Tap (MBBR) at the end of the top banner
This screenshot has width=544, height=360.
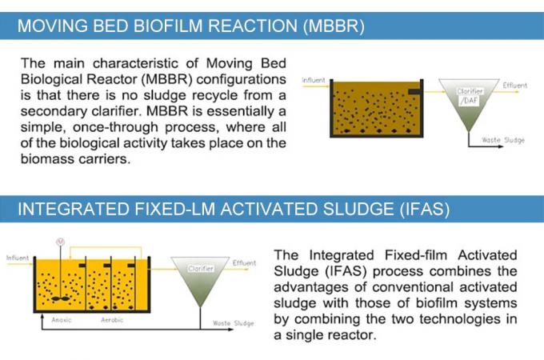tap(334, 26)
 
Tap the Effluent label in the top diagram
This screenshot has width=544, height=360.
tap(514, 85)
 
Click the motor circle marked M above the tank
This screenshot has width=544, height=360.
tap(58, 242)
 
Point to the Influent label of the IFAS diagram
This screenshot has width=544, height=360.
tap(18, 258)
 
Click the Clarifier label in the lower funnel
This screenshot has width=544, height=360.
tap(200, 269)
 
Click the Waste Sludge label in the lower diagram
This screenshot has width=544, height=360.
tap(233, 323)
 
